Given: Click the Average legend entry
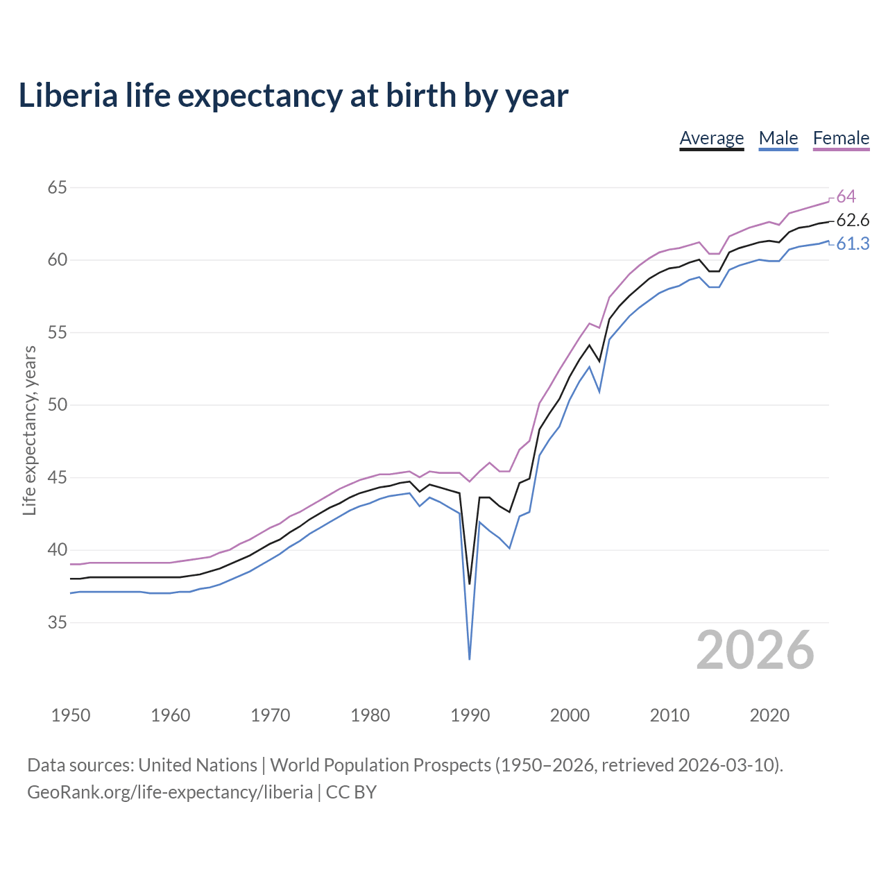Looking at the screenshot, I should [x=711, y=138].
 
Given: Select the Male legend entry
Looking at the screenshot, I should [x=778, y=138].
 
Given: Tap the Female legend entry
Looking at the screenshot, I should [x=841, y=138].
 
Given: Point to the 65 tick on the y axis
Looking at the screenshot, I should [x=58, y=187].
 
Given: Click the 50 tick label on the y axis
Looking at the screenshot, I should [x=58, y=405].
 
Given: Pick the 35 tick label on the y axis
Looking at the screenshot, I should [x=58, y=623].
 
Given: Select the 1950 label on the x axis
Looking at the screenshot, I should [x=71, y=715].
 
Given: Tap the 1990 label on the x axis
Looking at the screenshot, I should [x=470, y=715].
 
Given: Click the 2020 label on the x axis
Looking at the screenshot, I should [x=769, y=715].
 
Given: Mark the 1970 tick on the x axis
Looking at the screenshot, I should [x=271, y=715].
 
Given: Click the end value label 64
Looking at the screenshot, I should [x=846, y=197].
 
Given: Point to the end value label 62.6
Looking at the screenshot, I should [x=853, y=221].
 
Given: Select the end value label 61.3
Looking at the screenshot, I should [x=853, y=244].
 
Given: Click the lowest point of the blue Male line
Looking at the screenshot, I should [x=470, y=658].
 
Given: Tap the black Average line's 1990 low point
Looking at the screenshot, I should [x=470, y=583].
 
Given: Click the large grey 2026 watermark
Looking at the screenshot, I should [x=755, y=650].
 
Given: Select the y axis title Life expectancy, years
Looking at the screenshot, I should [x=30, y=431].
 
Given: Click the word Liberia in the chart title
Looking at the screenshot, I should [x=68, y=96].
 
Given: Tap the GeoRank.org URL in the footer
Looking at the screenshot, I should [x=170, y=792].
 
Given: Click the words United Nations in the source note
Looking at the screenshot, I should [x=198, y=765].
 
